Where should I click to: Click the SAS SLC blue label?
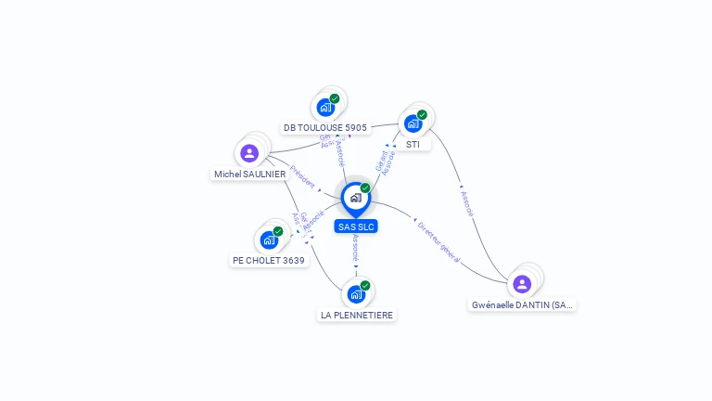point(356,226)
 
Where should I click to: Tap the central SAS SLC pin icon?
point(355,198)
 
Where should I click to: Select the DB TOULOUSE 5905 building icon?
point(325,107)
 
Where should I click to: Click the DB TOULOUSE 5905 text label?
point(325,128)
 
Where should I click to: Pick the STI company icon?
point(413,123)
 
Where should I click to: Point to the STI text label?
point(413,145)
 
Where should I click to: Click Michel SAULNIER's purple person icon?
point(248,153)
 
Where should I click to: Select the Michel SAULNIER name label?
point(250,175)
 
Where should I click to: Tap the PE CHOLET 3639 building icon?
point(269,239)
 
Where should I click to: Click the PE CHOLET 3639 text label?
point(268,261)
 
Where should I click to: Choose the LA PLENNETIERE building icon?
point(356,294)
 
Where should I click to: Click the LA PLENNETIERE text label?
point(357,316)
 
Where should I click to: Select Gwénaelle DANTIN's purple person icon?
point(522,283)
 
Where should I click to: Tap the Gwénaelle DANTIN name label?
point(522,304)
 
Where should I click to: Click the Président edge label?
point(302,177)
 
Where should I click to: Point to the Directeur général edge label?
point(439,241)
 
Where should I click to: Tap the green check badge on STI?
point(422,115)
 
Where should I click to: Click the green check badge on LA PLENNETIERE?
point(365,286)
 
